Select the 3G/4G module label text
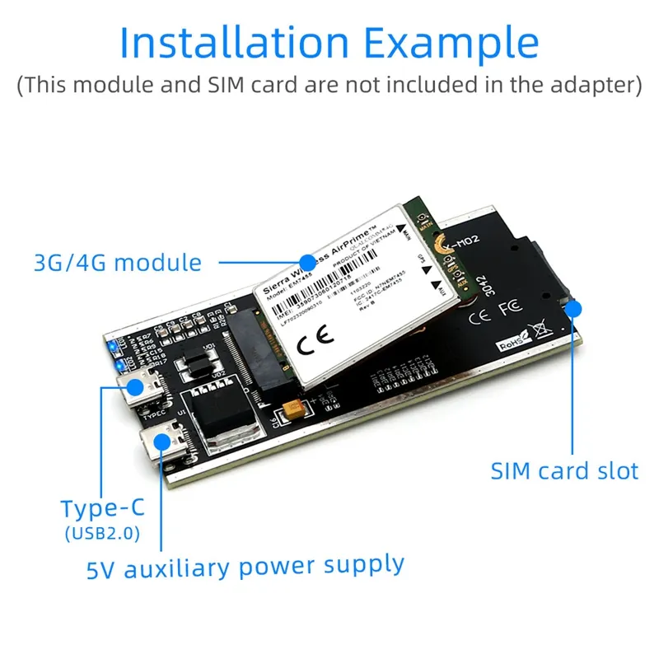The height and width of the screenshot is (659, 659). click(117, 263)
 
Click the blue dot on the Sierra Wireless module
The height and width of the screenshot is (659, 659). click(307, 262)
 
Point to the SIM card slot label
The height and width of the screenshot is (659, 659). click(564, 471)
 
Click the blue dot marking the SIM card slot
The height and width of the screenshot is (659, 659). click(575, 310)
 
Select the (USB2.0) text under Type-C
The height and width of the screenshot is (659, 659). click(101, 534)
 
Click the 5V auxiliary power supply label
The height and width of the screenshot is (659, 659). click(245, 567)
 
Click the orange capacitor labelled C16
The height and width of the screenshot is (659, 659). click(293, 409)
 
